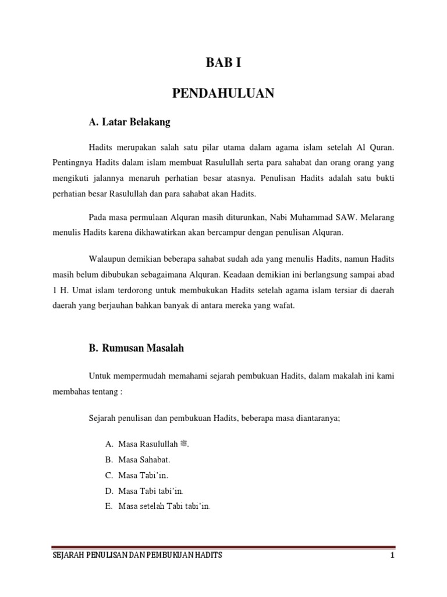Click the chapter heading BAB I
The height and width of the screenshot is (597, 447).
tap(223, 64)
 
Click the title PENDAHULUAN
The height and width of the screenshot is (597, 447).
tap(223, 93)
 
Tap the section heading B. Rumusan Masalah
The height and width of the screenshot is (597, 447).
tap(136, 348)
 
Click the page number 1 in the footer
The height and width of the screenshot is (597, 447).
tap(393, 556)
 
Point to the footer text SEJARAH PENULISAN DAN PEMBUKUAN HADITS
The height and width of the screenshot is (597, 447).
tap(137, 556)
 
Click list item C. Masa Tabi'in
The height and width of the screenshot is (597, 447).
tap(135, 476)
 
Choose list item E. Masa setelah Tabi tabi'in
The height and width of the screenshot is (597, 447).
tap(157, 506)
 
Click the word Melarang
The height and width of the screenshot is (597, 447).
tap(377, 217)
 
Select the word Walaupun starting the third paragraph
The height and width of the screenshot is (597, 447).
tap(108, 258)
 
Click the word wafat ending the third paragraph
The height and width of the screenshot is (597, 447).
tap(285, 305)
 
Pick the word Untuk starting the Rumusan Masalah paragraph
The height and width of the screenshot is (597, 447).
tap(100, 377)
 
